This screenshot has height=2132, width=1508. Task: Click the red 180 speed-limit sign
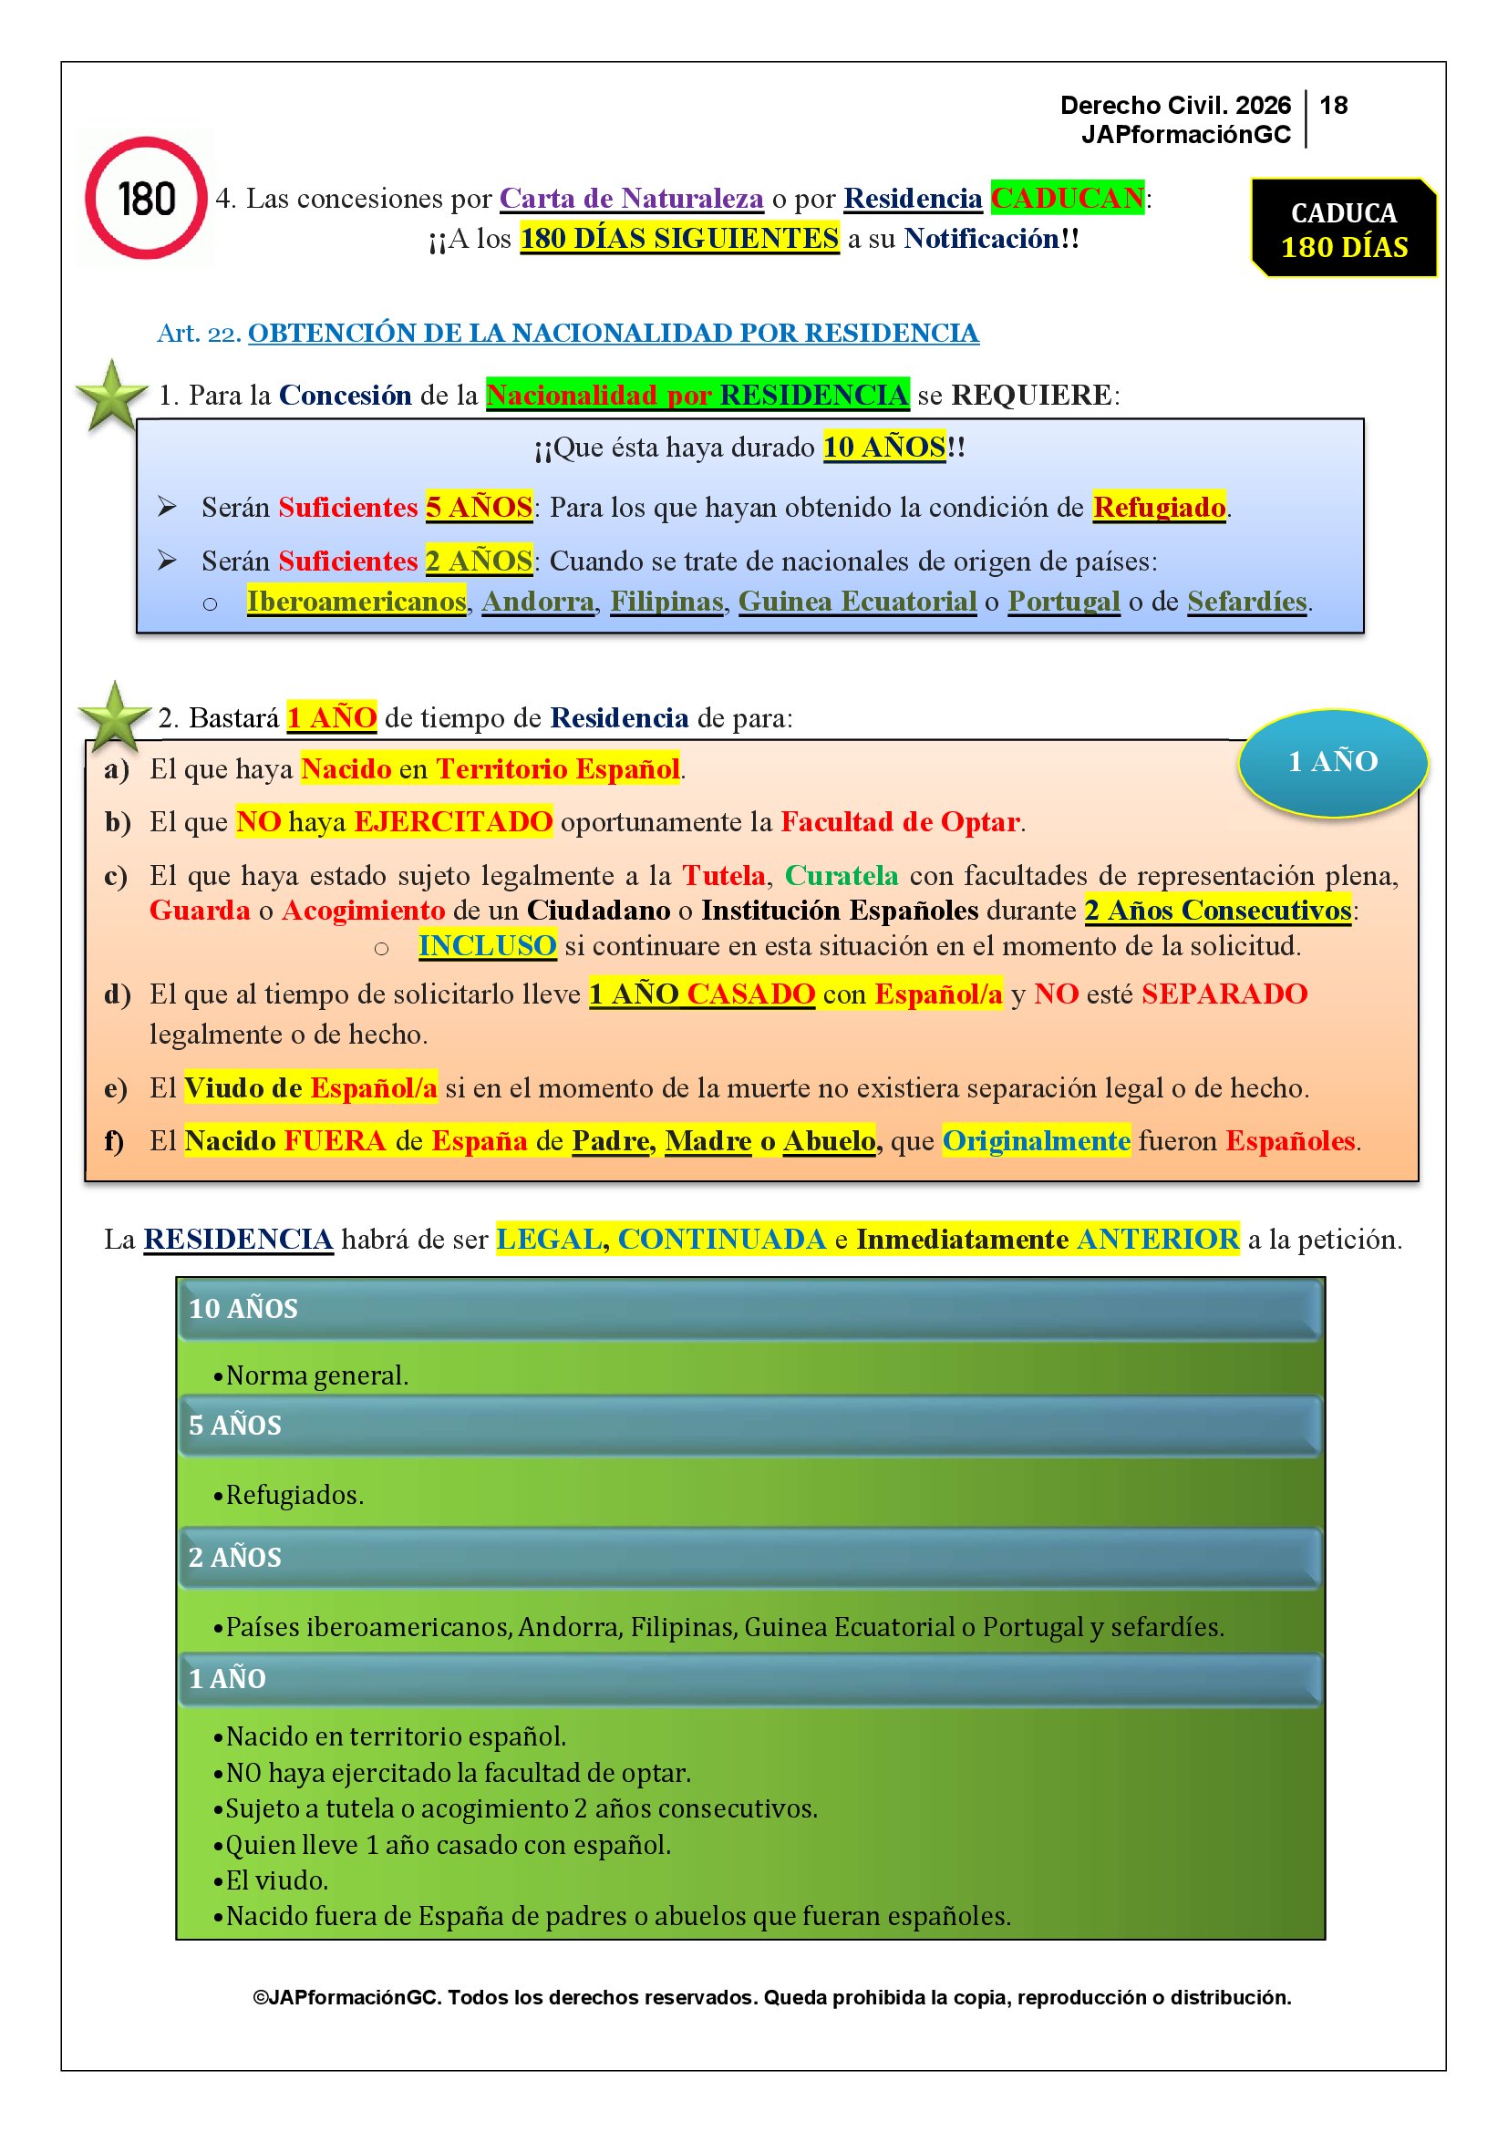click(146, 198)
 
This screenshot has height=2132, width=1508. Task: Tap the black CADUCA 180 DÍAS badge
click(1343, 229)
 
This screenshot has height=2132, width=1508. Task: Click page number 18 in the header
click(1334, 105)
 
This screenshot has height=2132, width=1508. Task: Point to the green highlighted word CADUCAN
click(1067, 198)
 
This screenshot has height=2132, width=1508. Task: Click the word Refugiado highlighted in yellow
click(1159, 507)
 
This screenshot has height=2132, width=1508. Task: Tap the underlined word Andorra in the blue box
click(538, 602)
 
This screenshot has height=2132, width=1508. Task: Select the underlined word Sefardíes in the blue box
click(1246, 602)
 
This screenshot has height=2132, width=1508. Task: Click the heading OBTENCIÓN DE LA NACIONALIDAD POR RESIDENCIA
click(613, 333)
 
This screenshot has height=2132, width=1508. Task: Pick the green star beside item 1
click(111, 397)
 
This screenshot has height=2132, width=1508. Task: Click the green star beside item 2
click(114, 716)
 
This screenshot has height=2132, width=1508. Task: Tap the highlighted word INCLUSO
click(487, 945)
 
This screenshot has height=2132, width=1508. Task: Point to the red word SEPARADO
click(1224, 994)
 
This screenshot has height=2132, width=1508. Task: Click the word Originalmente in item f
click(1037, 1140)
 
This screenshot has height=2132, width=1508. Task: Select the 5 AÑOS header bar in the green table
click(749, 1426)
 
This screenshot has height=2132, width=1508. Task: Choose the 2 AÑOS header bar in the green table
click(749, 1557)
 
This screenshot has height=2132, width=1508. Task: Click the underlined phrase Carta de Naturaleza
click(632, 198)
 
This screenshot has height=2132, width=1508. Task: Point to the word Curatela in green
click(842, 876)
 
